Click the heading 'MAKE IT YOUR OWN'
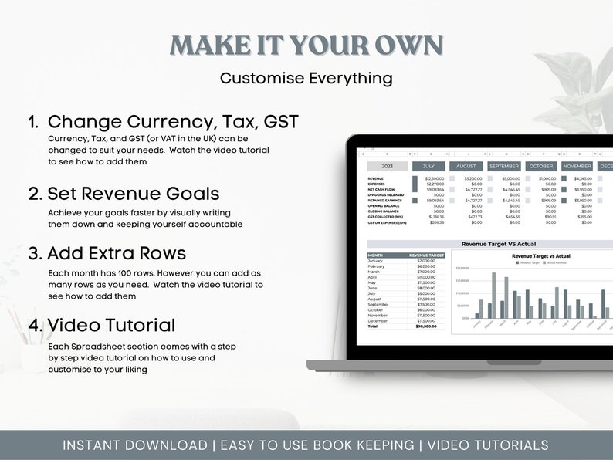tap(306, 45)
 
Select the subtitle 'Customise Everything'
tap(306, 78)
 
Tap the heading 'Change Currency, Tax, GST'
tap(173, 121)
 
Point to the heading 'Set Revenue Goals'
tap(134, 194)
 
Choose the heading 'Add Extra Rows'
tap(117, 253)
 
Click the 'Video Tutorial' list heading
tap(111, 325)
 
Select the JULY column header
tap(428, 166)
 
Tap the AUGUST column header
tap(466, 166)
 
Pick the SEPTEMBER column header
tap(503, 166)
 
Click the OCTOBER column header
tap(541, 166)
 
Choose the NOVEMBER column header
tap(577, 166)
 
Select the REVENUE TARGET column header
tap(427, 255)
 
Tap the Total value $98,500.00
tap(426, 326)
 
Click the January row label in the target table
tap(375, 261)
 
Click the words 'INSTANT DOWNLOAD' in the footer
tap(134, 445)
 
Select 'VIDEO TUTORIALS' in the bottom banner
tap(487, 445)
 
